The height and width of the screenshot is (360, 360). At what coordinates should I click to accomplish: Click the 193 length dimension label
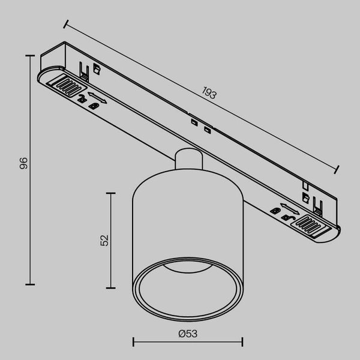click(x=208, y=93)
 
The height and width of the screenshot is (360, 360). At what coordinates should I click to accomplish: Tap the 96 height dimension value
click(x=23, y=163)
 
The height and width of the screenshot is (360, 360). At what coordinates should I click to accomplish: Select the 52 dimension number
click(x=104, y=239)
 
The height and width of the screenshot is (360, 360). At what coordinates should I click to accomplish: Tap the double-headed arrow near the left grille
click(x=97, y=97)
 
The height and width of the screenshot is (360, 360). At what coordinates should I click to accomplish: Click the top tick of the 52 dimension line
click(x=110, y=193)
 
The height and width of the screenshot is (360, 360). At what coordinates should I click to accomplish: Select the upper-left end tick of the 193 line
click(x=65, y=25)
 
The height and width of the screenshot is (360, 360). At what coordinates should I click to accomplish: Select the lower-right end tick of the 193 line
click(x=337, y=170)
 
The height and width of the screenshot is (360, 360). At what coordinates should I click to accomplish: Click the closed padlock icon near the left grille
click(x=94, y=106)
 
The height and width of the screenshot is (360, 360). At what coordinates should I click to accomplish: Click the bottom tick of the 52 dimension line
click(x=110, y=286)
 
